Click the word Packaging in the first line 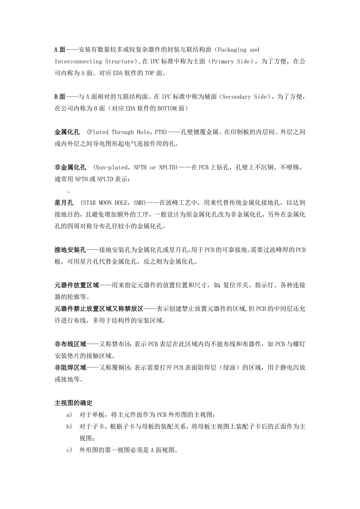coord(231,50)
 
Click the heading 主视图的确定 coord(73,403)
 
